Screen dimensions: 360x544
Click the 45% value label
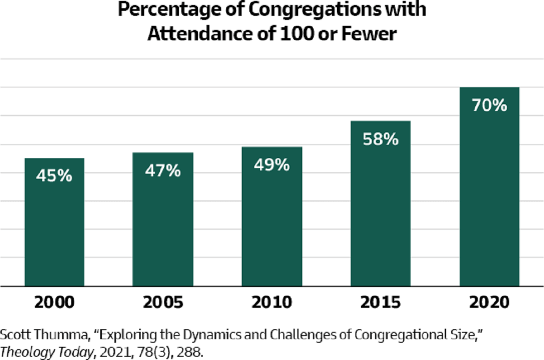[x=54, y=176]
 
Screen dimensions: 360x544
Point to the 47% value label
[x=163, y=170]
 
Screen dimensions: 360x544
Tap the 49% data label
[x=272, y=165]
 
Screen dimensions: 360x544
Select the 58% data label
[x=380, y=139]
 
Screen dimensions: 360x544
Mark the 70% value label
[x=489, y=106]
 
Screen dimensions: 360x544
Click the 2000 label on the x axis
[x=54, y=302]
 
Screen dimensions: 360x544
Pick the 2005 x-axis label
[x=163, y=302]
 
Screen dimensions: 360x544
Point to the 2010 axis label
[x=272, y=302]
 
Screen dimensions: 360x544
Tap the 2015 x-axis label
[x=380, y=302]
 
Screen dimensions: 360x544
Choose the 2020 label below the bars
[x=489, y=302]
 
